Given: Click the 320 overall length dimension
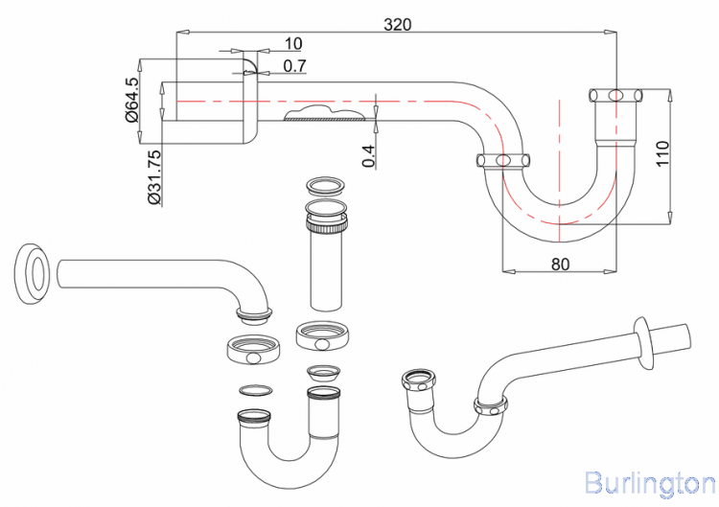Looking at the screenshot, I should pos(398,25).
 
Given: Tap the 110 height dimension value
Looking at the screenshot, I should pos(661,152).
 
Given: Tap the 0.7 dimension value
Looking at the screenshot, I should pos(294,66).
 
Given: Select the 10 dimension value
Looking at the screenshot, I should pos(293,44).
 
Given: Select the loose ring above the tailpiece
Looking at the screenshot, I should pos(324,184).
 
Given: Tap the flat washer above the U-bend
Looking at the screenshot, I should pos(253,389).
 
